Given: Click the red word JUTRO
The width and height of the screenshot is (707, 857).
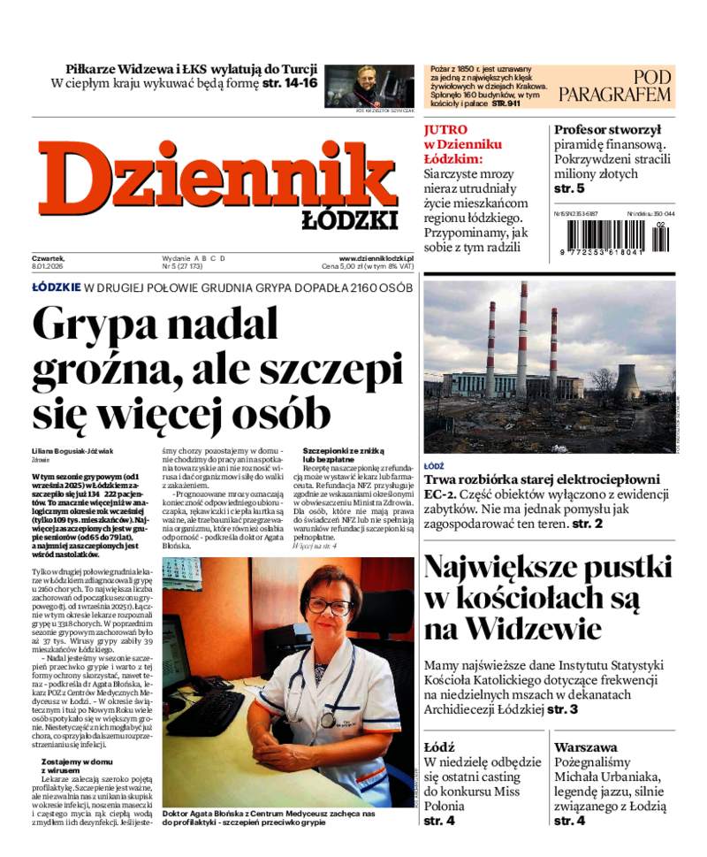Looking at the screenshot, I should (445, 129).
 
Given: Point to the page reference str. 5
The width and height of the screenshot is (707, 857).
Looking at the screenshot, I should (569, 188).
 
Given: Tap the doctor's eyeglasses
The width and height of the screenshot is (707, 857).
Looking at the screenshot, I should (329, 605).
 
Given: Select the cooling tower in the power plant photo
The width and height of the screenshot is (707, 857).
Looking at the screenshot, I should (627, 381).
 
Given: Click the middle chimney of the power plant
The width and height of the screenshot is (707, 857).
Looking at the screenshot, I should (521, 336).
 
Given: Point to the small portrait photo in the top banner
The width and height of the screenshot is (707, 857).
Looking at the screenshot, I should (370, 85).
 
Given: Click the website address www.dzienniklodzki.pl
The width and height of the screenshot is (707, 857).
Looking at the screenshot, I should (376, 258).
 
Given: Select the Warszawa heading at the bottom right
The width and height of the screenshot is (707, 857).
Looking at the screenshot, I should (585, 746).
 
